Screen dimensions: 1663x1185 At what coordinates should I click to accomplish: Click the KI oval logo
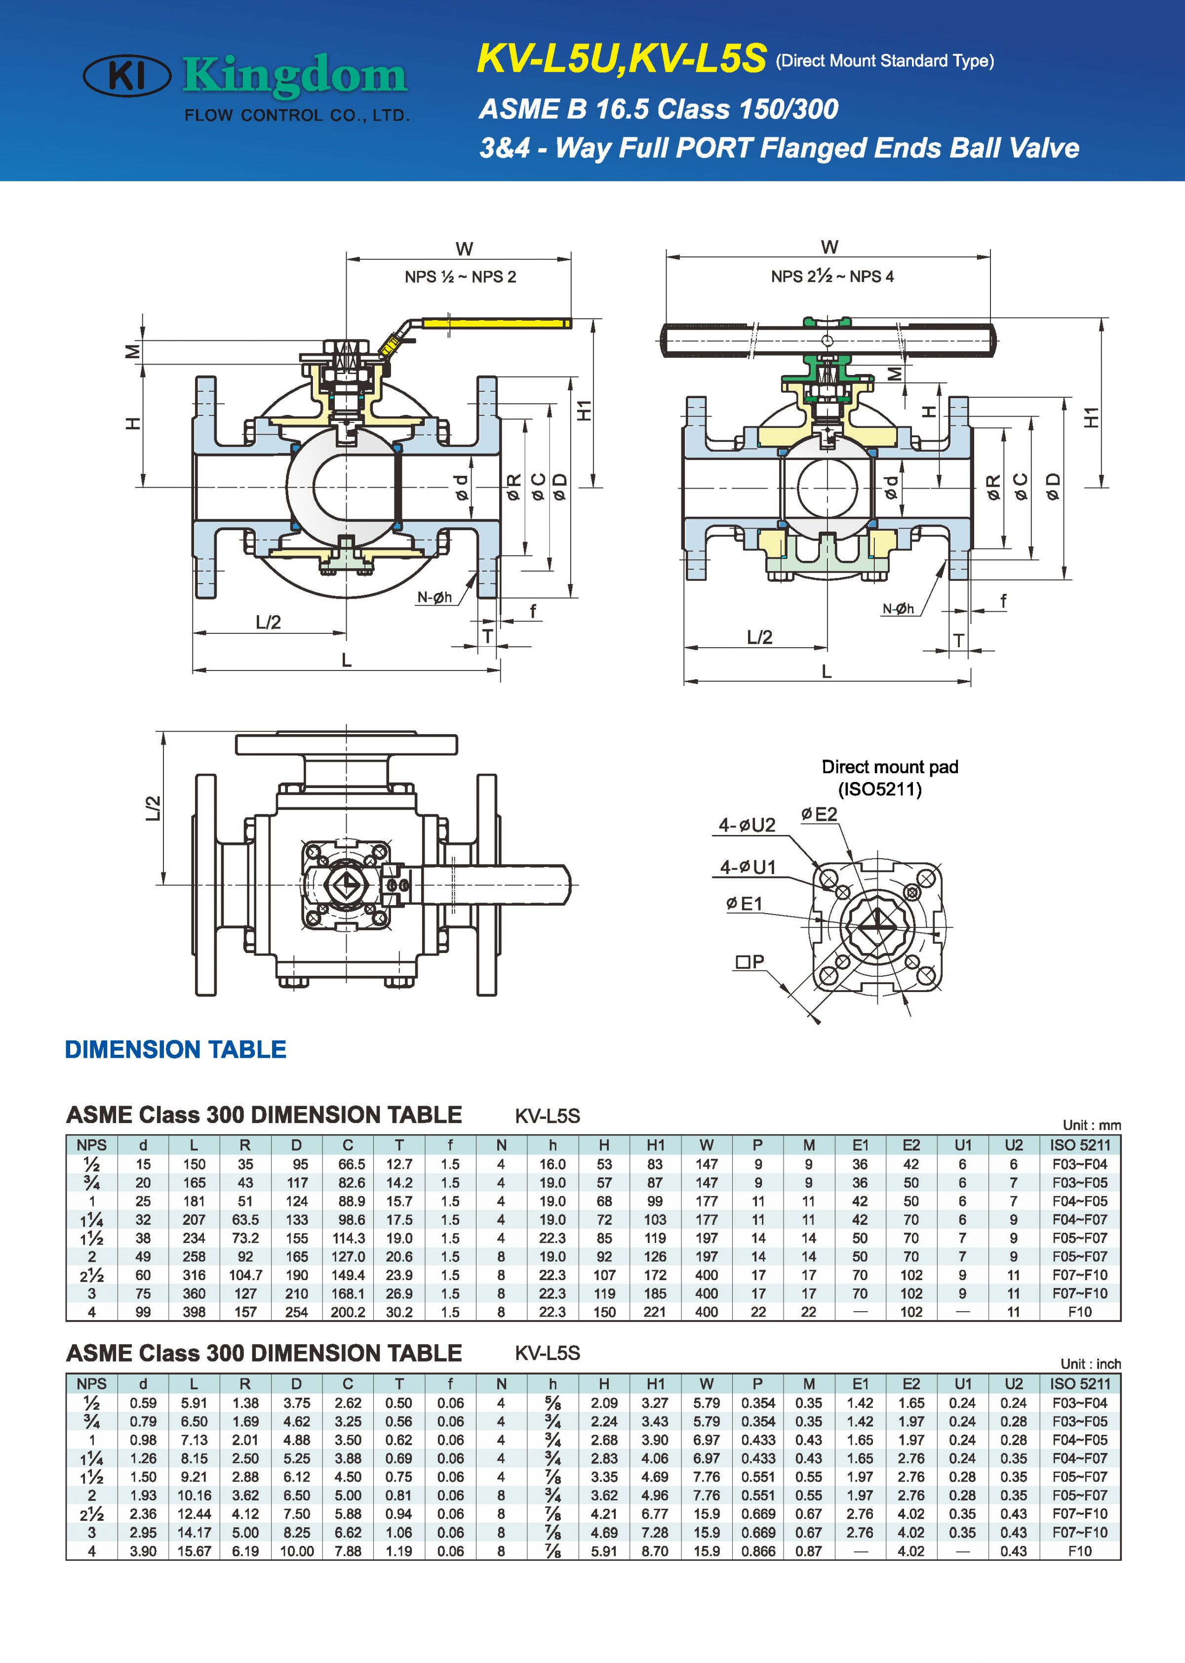point(127,75)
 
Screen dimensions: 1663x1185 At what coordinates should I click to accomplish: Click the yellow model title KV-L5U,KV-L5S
point(621,58)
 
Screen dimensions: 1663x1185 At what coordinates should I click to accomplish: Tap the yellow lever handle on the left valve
point(496,323)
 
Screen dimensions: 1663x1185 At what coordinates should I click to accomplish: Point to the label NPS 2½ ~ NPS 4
point(832,276)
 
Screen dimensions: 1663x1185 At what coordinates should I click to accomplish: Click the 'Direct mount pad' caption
point(889,766)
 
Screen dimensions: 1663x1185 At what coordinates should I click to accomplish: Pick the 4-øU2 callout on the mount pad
point(747,825)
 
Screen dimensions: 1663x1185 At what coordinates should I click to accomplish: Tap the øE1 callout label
point(744,904)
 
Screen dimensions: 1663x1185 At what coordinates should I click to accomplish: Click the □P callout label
point(750,962)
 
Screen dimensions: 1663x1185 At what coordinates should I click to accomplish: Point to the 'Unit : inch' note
point(1090,1364)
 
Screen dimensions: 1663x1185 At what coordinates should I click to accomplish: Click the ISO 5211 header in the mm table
point(1079,1145)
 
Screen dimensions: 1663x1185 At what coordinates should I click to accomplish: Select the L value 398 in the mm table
point(194,1312)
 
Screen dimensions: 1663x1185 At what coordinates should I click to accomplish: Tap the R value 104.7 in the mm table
point(245,1275)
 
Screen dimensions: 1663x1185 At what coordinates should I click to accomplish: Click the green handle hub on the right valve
point(827,322)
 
